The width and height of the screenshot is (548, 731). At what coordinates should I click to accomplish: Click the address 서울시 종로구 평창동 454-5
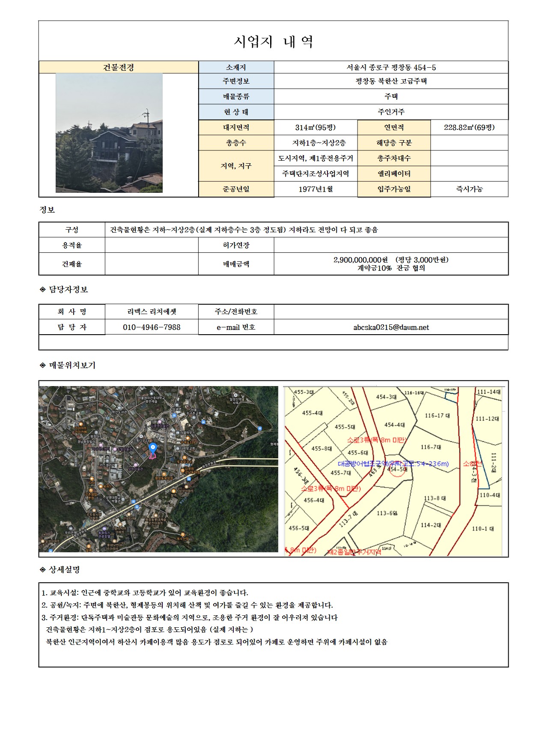[x=391, y=67]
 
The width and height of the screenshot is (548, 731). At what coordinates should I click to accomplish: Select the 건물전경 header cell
[x=119, y=67]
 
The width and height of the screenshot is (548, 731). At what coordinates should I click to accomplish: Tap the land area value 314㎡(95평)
[x=316, y=127]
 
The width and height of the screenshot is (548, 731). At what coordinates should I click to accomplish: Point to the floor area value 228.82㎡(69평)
[x=469, y=127]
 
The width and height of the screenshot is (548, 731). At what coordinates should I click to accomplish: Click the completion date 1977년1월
[x=316, y=189]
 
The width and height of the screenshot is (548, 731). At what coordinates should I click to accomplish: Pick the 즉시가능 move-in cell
[x=469, y=189]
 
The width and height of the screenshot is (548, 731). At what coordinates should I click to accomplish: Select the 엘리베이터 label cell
[x=394, y=174]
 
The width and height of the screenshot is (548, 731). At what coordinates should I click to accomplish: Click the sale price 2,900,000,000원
[x=360, y=260]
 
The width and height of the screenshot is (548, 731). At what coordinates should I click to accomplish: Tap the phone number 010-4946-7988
[x=152, y=327]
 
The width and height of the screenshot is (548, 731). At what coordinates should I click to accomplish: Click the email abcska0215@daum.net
[x=391, y=327]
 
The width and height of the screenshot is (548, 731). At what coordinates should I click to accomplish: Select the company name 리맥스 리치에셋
[x=152, y=312]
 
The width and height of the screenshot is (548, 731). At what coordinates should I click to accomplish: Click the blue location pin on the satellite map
[x=152, y=448]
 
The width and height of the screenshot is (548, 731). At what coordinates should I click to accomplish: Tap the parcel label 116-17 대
[x=437, y=415]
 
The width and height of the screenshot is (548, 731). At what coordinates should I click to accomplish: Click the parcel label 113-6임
[x=387, y=513]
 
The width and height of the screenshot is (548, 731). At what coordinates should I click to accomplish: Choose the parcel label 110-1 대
[x=482, y=529]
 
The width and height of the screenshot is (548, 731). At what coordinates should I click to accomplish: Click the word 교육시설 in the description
[x=64, y=593]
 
